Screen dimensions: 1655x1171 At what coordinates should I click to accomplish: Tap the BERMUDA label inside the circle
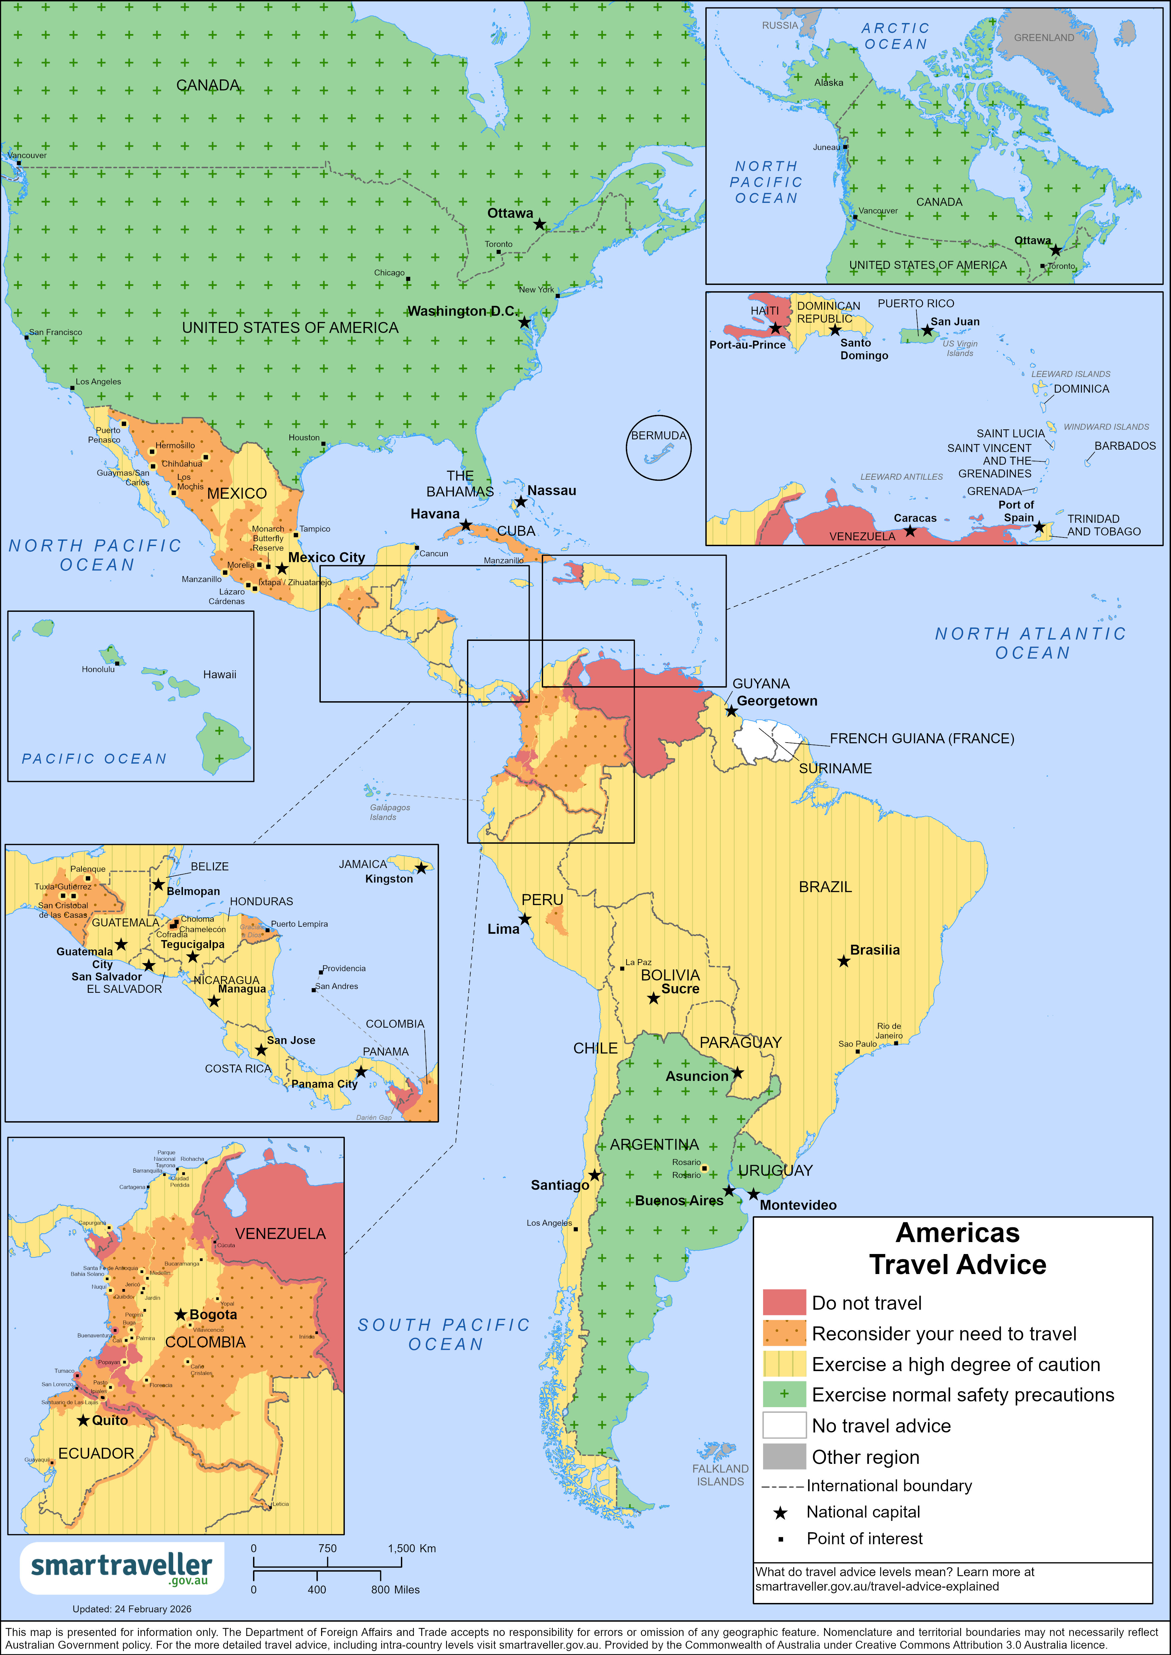coord(658,435)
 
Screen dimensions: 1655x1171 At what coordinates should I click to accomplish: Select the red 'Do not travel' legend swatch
coord(784,1302)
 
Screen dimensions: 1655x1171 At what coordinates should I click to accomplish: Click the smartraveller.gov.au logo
coord(121,1567)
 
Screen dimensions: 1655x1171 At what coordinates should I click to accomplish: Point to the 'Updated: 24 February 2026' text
coord(132,1609)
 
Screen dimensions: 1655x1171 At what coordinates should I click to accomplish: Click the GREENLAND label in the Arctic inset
coord(1043,37)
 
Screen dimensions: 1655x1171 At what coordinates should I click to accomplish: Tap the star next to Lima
coord(525,920)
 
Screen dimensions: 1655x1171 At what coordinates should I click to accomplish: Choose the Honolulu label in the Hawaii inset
coord(98,669)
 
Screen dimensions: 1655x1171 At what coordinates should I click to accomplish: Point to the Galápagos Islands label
coord(389,812)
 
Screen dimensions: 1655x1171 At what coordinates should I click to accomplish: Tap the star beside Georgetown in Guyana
coord(731,712)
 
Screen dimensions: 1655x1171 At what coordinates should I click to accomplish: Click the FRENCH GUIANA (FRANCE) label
coord(922,738)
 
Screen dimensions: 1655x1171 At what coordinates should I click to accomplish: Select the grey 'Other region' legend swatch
coord(784,1456)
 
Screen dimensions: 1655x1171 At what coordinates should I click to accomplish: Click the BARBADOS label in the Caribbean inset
coord(1125,445)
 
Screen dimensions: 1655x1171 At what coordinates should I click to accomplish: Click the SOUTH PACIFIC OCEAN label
coord(444,1334)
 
